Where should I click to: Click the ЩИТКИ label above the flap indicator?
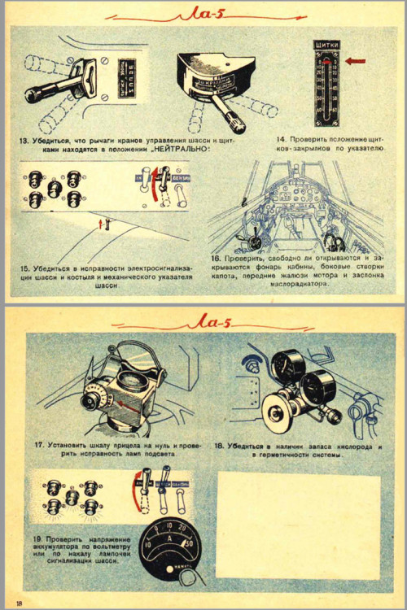tap(326, 46)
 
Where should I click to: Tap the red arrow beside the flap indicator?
tap(356, 60)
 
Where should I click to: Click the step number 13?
tap(26, 141)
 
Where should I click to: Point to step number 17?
tap(38, 445)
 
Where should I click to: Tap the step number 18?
tap(218, 446)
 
